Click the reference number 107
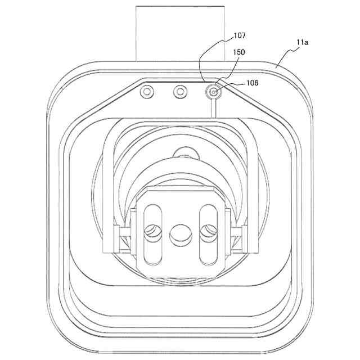[240, 35]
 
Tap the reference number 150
[239, 52]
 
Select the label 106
[253, 83]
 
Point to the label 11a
[302, 42]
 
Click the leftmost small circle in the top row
[147, 92]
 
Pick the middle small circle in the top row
[180, 92]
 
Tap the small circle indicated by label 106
[214, 92]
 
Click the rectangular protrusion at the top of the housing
[180, 34]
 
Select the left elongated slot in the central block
[152, 235]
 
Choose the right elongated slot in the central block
[209, 234]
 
